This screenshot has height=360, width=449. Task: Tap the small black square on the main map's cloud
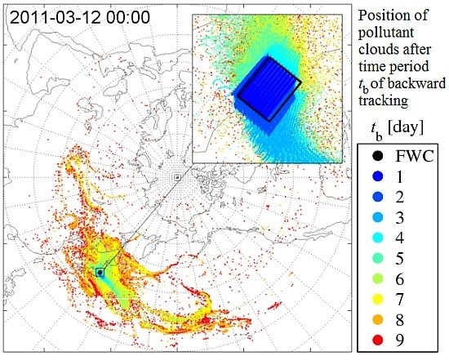(100, 271)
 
